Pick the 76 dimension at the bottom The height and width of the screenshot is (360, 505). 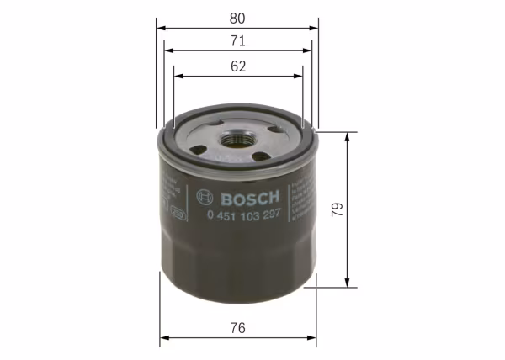tap(237, 329)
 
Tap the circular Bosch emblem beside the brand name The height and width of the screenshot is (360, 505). tap(201, 197)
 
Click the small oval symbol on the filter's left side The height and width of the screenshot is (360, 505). tap(178, 214)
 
